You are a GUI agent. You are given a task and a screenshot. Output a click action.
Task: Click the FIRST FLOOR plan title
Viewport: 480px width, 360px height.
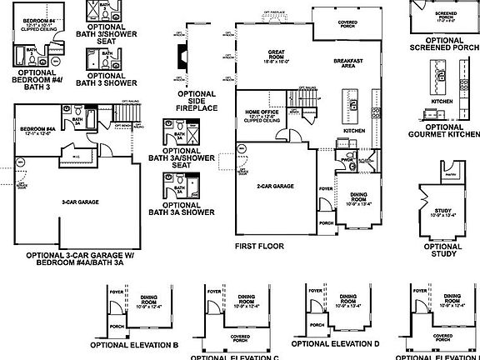(x=259, y=246)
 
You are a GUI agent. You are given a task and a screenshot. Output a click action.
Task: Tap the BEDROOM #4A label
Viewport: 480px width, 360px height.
(x=37, y=129)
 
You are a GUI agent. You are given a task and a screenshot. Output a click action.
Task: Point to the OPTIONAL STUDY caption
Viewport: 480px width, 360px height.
(x=442, y=250)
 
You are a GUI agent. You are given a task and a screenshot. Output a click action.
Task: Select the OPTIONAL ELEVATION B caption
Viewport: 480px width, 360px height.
(x=134, y=344)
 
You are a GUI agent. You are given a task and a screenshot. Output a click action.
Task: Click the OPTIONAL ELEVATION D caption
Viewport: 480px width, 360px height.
(x=335, y=343)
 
